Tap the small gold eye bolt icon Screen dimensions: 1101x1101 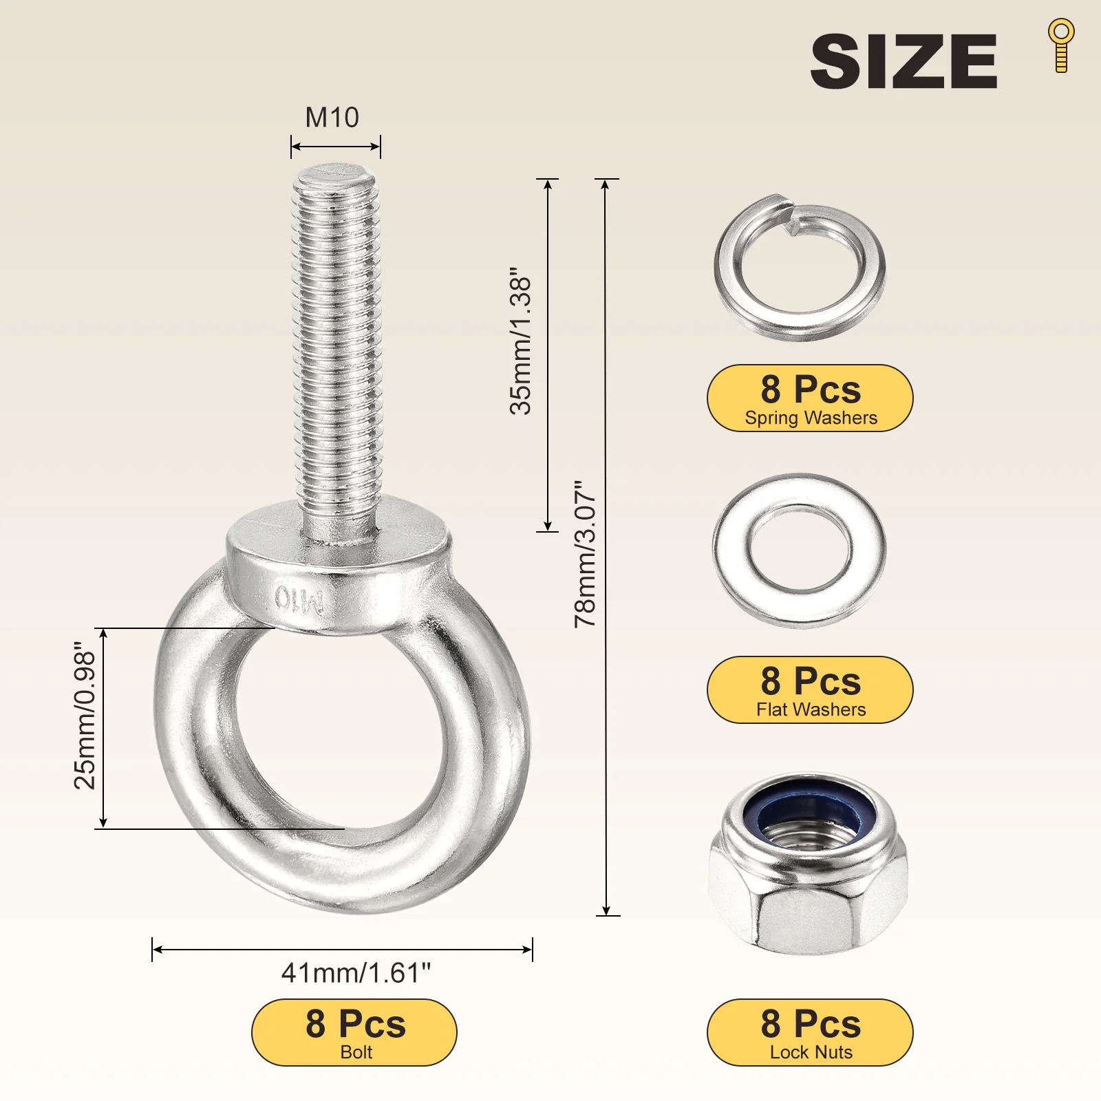1061,45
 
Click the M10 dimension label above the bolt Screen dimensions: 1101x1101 332,118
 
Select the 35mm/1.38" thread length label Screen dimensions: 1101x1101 521,341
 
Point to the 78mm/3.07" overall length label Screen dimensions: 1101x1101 586,554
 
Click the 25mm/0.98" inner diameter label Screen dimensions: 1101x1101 85,716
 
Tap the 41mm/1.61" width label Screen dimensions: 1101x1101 356,973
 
